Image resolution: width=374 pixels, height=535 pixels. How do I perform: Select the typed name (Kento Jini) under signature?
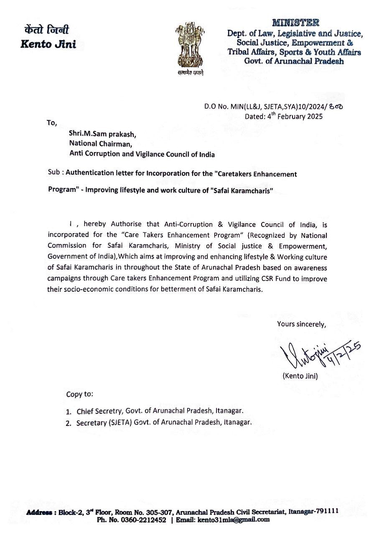300,376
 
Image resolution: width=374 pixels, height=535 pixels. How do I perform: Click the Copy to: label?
80,394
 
